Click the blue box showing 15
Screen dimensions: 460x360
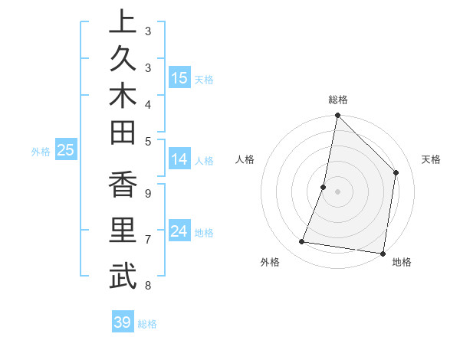point(179,78)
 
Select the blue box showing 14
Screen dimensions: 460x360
point(179,159)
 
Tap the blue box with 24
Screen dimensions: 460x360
point(179,231)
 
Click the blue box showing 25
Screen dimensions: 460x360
point(66,151)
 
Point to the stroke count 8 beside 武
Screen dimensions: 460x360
point(148,286)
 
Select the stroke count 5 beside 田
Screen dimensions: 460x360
point(148,141)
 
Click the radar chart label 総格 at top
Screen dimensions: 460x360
point(338,100)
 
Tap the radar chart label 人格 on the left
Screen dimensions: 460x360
point(245,159)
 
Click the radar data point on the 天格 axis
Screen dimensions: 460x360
point(396,172)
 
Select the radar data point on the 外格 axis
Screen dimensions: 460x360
point(302,242)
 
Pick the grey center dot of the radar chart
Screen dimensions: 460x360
point(337,191)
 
